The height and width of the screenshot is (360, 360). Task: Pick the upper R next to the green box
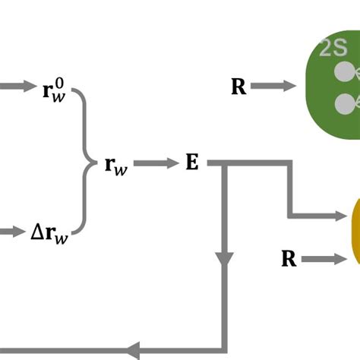pyautogui.click(x=238, y=87)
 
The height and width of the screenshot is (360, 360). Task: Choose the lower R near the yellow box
pyautogui.click(x=289, y=260)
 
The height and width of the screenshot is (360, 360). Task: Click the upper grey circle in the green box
pyautogui.click(x=346, y=72)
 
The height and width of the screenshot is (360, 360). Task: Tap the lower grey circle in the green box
pyautogui.click(x=346, y=102)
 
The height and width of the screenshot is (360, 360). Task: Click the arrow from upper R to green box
pyautogui.click(x=273, y=87)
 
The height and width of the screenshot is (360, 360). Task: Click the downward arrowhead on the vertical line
pyautogui.click(x=223, y=258)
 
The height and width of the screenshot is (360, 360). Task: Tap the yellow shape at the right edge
pyautogui.click(x=355, y=232)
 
